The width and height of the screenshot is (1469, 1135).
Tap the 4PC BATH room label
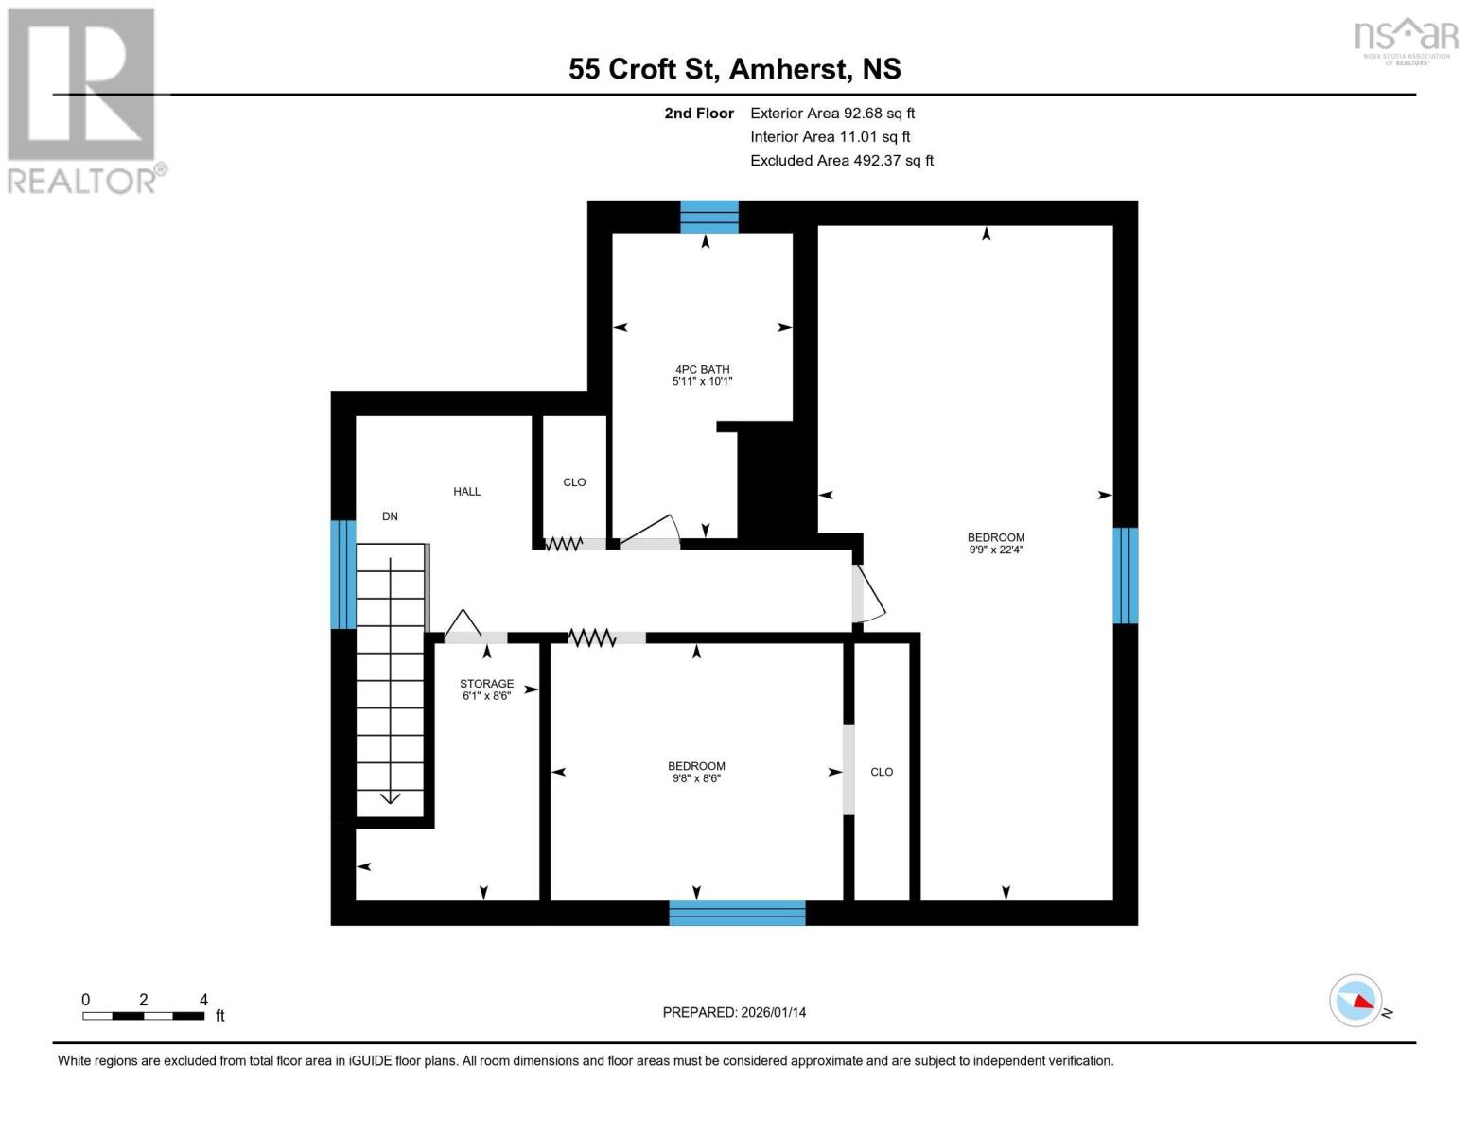tap(702, 369)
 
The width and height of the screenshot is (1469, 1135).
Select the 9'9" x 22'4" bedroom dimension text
tap(995, 550)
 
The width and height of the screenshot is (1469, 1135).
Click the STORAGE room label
tap(486, 683)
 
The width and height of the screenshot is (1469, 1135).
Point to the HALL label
tap(466, 491)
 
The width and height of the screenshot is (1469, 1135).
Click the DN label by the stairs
tap(390, 516)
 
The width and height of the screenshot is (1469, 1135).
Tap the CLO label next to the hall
tap(574, 482)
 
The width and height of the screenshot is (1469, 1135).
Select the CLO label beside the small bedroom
tap(881, 772)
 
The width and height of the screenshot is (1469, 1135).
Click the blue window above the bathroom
tap(709, 217)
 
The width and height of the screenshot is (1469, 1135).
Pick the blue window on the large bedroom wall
tap(1125, 575)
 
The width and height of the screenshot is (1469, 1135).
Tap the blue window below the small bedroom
tap(737, 913)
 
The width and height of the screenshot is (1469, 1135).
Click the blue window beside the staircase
tap(342, 574)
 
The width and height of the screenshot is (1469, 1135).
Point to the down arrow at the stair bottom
tap(390, 797)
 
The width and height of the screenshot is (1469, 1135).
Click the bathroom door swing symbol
tap(651, 532)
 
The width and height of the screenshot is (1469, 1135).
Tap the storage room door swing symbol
tap(463, 624)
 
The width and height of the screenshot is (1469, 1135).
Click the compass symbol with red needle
tap(1355, 1000)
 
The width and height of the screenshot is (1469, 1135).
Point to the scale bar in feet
tap(144, 1015)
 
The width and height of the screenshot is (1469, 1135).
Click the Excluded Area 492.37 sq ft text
tap(841, 161)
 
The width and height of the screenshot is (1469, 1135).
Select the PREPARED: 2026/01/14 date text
tap(734, 1012)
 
